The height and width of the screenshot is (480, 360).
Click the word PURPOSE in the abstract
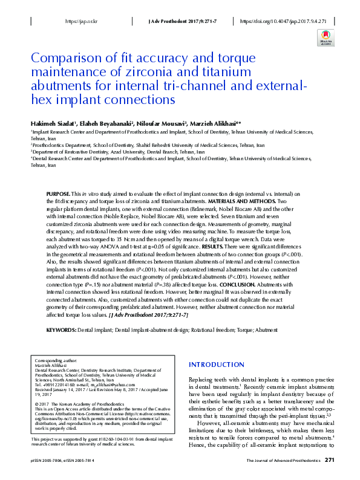(x=58, y=192)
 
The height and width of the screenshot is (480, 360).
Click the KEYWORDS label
(x=62, y=330)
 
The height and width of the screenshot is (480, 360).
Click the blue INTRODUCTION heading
(x=217, y=365)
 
